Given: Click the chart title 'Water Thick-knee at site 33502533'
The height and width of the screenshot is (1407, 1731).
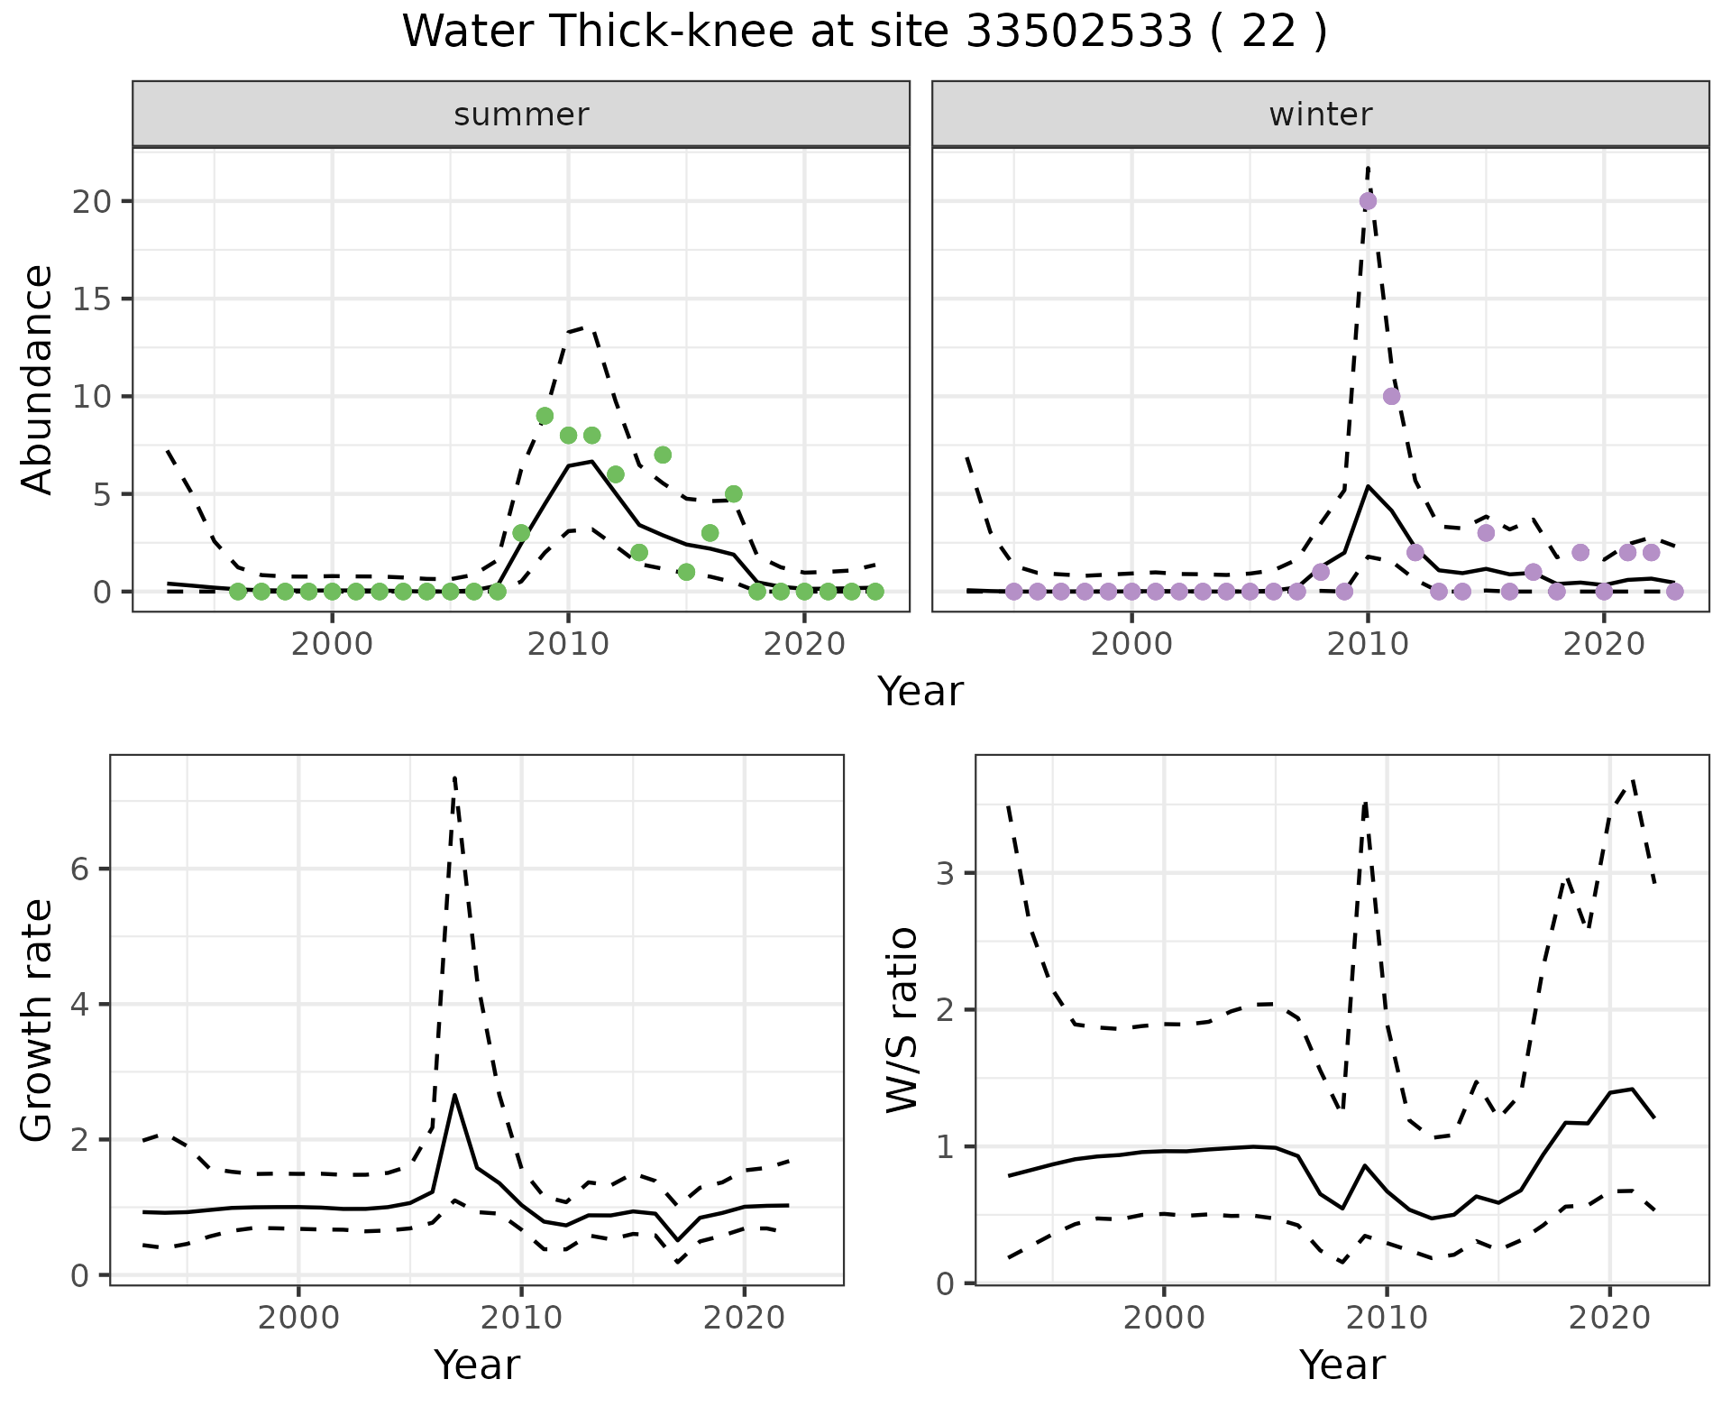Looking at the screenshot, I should [x=864, y=32].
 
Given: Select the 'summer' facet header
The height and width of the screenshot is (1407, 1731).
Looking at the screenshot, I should [x=521, y=115].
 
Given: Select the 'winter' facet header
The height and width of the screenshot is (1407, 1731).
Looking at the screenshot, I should [x=1320, y=115].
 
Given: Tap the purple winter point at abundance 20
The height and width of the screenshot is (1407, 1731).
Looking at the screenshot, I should [x=1368, y=201].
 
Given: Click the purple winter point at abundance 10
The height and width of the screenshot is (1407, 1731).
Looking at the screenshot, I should [x=1391, y=396].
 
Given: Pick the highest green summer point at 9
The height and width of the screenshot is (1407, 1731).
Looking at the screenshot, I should [x=545, y=416].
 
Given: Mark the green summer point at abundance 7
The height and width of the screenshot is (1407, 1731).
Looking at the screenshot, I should [x=663, y=455].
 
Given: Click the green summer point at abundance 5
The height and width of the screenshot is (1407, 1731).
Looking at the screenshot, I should [x=733, y=494].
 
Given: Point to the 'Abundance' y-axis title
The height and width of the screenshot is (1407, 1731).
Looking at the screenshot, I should [x=38, y=379].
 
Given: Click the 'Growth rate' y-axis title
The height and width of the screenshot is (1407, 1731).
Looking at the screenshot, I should [x=38, y=1021].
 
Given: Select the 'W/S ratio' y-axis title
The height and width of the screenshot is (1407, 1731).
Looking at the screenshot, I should [x=902, y=1019].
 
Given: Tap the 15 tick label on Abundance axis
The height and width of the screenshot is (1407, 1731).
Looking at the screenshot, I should [x=94, y=299].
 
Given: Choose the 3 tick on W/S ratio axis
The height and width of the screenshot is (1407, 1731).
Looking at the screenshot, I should [x=947, y=873].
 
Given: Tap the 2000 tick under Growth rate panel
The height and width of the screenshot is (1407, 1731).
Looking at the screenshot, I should [x=298, y=1318].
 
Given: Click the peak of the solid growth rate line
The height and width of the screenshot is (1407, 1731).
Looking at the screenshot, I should [x=455, y=1095].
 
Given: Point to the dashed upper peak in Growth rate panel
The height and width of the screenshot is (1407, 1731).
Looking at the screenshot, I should [x=455, y=777].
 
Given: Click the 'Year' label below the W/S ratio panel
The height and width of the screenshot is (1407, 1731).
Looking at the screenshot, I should [x=1342, y=1366].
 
